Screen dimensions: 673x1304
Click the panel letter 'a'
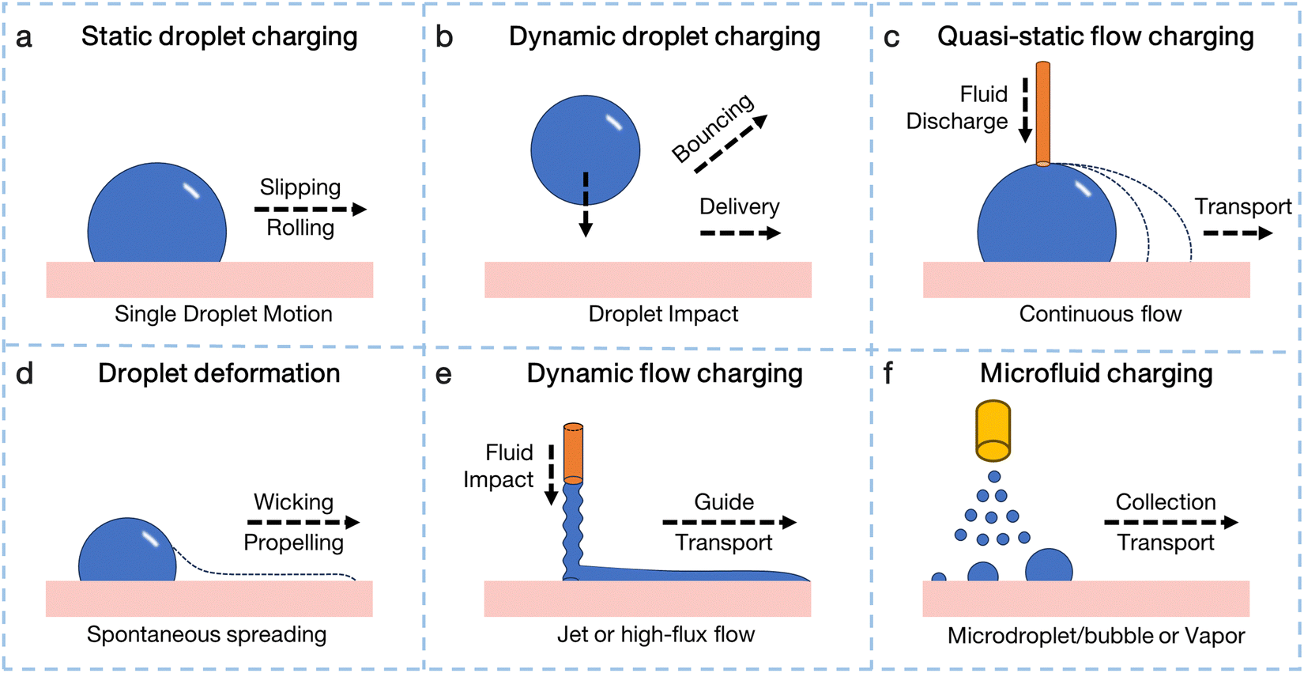point(24,38)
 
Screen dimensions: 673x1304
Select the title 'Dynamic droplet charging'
point(664,37)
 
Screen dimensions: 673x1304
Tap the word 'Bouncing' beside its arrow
point(712,127)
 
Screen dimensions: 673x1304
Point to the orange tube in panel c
point(1043,113)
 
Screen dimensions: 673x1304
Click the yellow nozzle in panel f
point(993,431)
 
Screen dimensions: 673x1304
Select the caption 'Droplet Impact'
point(663,314)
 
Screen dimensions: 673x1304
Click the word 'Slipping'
point(300,187)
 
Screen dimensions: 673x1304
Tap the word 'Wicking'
point(293,502)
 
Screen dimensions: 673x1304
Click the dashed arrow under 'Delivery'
point(741,233)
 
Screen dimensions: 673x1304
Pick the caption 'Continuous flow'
point(1100,314)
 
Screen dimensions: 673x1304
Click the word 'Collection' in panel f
point(1166,502)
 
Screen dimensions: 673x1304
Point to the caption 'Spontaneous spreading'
point(206,634)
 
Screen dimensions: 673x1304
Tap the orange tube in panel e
point(573,453)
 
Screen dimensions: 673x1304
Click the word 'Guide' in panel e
point(724,502)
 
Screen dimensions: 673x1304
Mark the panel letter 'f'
point(888,374)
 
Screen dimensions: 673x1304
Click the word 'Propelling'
point(293,543)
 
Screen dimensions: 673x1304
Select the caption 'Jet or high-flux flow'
point(656,634)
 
